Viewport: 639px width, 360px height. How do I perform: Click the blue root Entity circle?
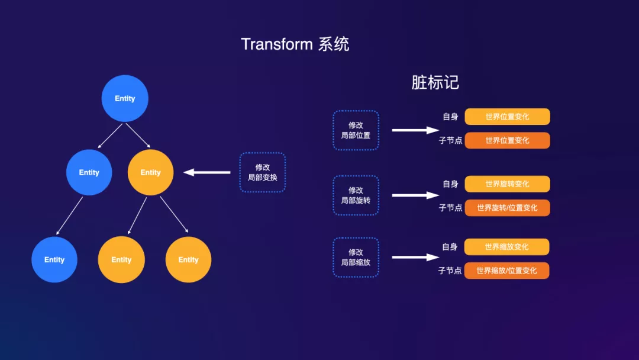125,98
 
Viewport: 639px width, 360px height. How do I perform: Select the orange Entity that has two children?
150,172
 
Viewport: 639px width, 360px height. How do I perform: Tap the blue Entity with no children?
54,260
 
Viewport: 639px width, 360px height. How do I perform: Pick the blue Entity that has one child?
89,172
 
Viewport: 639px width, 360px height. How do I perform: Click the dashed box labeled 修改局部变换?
263,172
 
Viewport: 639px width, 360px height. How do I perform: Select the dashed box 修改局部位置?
356,130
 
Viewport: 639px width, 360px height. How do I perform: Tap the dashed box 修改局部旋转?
356,195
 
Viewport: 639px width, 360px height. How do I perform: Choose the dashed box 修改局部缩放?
356,257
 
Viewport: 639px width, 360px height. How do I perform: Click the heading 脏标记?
435,83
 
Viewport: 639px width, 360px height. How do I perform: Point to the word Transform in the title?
277,44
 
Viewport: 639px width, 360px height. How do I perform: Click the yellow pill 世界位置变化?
508,117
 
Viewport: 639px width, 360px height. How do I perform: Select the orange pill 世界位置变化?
508,141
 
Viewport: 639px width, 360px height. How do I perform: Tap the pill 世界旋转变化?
508,184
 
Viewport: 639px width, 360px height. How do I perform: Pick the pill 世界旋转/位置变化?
508,208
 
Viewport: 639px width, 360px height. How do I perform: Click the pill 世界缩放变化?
506,247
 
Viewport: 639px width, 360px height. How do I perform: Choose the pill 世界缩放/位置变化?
506,271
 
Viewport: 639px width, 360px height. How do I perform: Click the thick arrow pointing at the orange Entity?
207,172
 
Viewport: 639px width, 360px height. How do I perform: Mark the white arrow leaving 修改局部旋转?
415,195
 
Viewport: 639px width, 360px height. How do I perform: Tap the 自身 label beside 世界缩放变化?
450,247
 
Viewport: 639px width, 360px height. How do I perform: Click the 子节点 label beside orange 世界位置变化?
450,141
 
